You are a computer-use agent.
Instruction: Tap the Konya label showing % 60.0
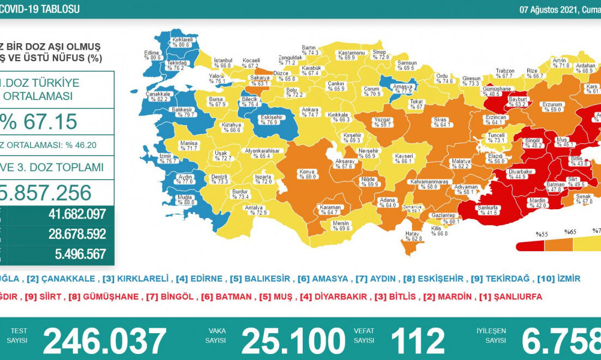point(307,174)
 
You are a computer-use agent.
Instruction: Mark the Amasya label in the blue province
point(402,88)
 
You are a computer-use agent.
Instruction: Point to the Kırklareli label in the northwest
point(180,42)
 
